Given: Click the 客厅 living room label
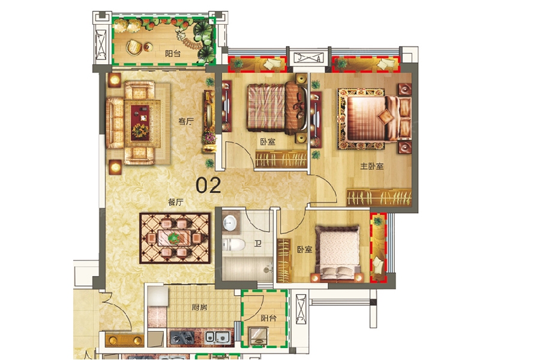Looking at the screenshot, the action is click(186, 121).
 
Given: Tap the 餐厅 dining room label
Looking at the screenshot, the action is click(176, 202).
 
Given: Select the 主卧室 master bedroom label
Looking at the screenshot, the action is click(372, 166).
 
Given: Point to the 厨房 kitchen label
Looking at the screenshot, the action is click(200, 307).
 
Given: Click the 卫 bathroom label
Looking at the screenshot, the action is click(257, 244).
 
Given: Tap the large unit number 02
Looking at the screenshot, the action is click(208, 185).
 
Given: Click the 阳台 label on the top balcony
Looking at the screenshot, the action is click(173, 53).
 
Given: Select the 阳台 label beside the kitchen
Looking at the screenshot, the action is click(268, 318).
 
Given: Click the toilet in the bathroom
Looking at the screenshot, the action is click(233, 245).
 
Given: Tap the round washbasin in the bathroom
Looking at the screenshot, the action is click(229, 223).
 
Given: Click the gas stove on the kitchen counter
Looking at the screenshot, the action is click(182, 338).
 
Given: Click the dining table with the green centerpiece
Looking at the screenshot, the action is click(174, 238).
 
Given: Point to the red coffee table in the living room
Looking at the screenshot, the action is click(140, 122).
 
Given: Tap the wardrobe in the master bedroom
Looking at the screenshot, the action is click(379, 197).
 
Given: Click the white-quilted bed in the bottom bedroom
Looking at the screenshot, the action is click(338, 252).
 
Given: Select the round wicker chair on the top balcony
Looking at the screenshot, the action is click(134, 47).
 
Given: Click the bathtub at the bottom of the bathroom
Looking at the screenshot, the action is click(248, 268).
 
